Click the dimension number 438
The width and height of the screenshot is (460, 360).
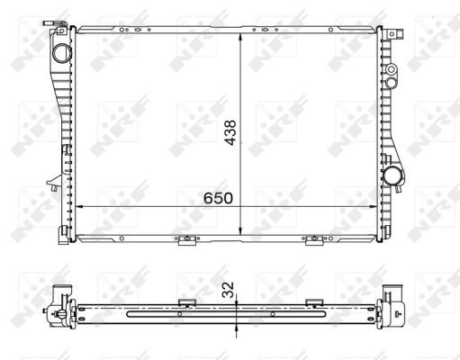(230, 132)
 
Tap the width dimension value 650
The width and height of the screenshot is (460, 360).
(218, 198)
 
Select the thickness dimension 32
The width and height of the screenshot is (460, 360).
(228, 290)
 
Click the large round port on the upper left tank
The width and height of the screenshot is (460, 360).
(62, 53)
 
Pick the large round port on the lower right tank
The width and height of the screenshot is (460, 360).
(392, 176)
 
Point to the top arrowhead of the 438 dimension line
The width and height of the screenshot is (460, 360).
(240, 37)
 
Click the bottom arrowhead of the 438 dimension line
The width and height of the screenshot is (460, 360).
(240, 230)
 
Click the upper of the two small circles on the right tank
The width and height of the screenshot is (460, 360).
(391, 69)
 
